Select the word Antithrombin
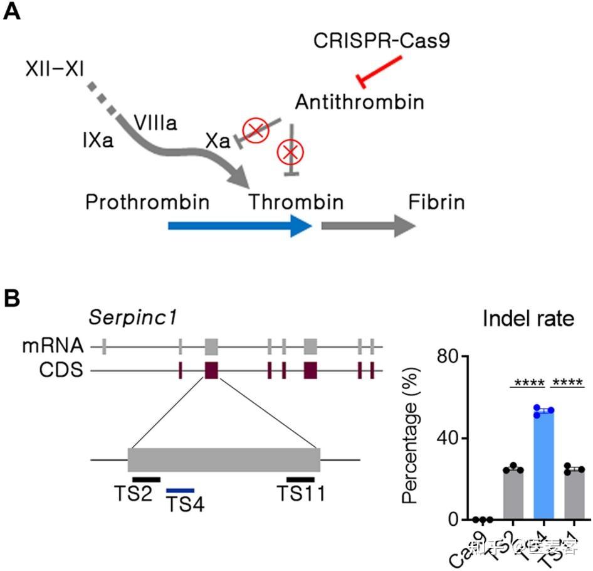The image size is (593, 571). [x=359, y=102]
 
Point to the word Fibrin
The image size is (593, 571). [x=436, y=203]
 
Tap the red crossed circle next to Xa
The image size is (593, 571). [x=256, y=130]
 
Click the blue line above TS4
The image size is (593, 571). [x=181, y=490]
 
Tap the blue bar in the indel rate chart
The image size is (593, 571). [x=543, y=467]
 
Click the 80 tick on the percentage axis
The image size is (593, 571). [x=451, y=356]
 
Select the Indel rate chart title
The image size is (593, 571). [x=528, y=319]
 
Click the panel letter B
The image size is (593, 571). [x=12, y=298]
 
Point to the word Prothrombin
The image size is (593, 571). [x=147, y=203]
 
